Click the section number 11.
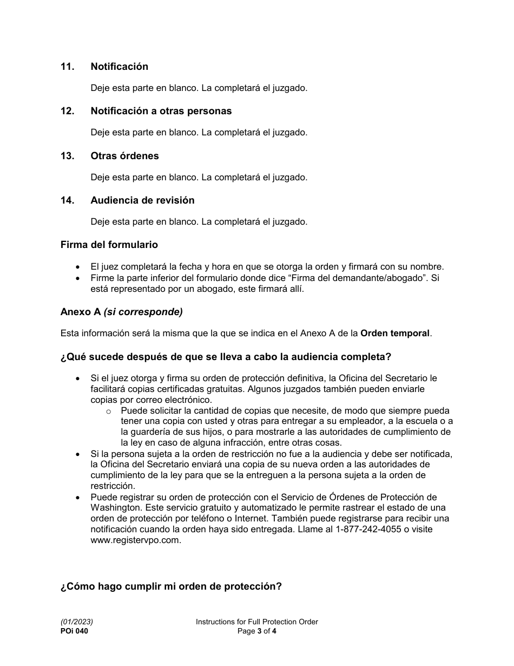point(67,67)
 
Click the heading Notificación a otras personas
point(161,111)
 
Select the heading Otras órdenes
point(124,156)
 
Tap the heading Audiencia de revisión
point(142,200)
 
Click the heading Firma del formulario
point(109,245)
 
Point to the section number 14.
point(67,200)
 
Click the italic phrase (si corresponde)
point(143,312)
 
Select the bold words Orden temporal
point(395,334)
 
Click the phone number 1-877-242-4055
point(368,529)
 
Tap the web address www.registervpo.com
point(135,540)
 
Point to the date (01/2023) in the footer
point(73,622)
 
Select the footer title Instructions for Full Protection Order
point(256,622)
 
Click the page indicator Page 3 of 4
point(256,631)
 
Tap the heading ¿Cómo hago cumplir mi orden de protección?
point(171,587)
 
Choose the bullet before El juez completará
point(78,267)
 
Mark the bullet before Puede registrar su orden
point(78,497)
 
